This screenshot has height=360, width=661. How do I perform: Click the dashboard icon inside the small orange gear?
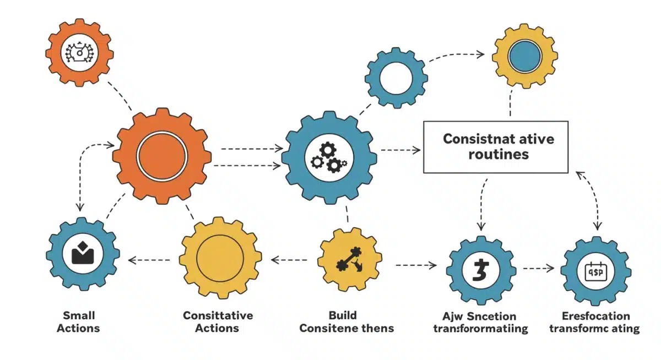79,54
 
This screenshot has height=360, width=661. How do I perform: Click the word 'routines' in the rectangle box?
498,154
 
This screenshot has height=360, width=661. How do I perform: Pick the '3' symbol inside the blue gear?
480,270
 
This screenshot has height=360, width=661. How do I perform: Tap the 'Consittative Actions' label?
218,321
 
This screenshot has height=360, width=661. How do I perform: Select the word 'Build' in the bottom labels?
343,315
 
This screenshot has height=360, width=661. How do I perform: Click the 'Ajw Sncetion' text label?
479,316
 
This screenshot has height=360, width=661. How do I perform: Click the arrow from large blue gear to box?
400,149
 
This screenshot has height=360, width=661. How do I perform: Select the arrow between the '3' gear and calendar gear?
538,268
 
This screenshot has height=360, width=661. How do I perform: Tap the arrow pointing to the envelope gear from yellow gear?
149,259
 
